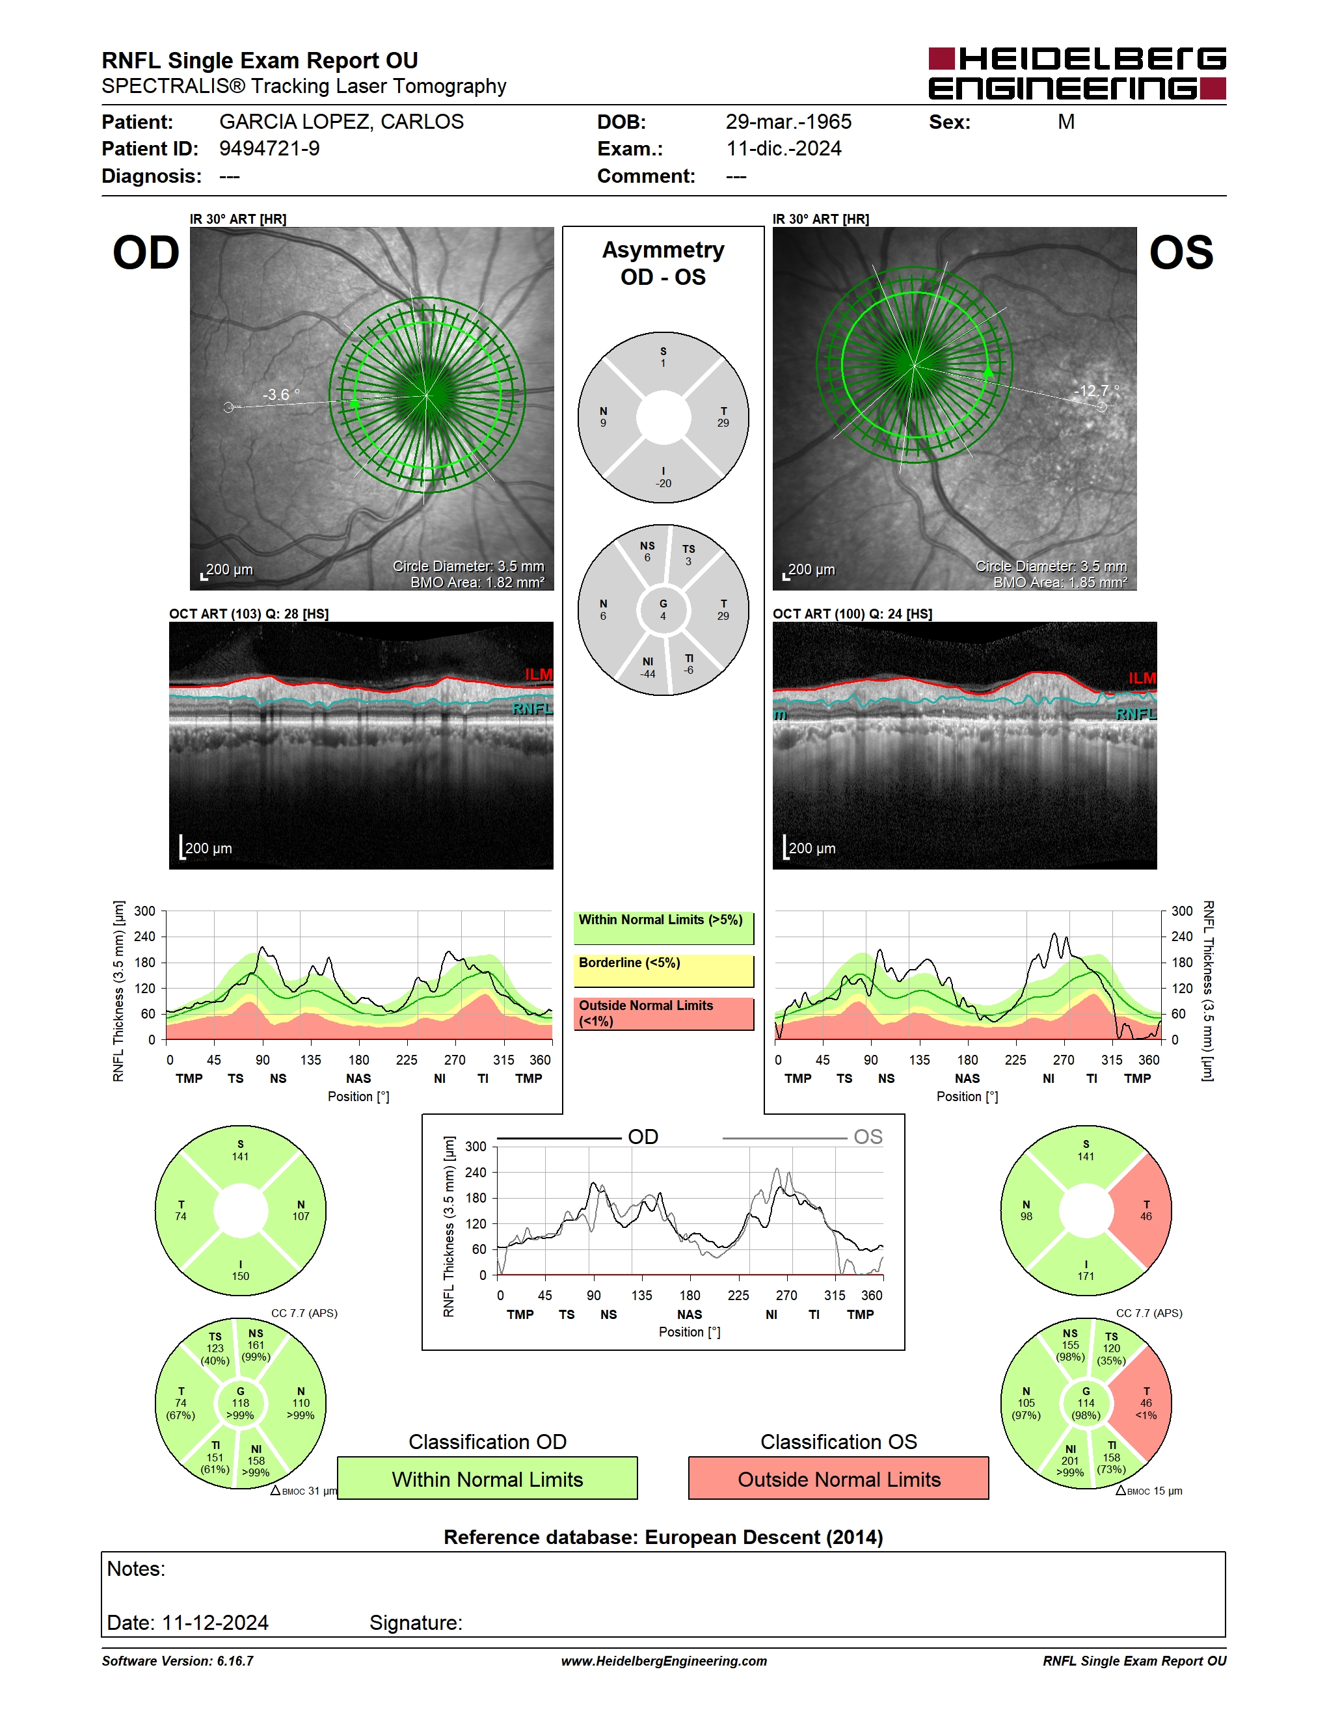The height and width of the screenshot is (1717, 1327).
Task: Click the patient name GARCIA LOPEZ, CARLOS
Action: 342,122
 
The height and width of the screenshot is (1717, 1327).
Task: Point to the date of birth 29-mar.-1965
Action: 788,122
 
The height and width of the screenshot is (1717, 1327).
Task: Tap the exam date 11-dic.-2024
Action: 784,148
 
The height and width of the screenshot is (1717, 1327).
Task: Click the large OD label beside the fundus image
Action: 146,253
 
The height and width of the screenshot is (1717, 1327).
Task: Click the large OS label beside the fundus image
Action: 1181,253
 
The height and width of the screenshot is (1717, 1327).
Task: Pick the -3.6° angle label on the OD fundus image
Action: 280,395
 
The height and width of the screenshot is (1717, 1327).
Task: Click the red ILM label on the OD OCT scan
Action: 539,674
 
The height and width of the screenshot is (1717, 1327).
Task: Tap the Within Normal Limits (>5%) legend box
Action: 663,927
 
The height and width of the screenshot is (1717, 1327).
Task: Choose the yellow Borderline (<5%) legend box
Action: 663,971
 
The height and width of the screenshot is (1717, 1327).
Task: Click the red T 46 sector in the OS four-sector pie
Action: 1144,1211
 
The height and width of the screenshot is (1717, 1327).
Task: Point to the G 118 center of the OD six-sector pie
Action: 241,1404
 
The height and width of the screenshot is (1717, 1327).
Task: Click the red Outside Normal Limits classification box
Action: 839,1479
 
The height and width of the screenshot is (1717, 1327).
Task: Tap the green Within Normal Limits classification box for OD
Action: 487,1479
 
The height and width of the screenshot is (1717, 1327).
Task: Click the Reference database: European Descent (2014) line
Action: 663,1537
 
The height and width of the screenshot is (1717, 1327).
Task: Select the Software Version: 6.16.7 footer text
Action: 178,1661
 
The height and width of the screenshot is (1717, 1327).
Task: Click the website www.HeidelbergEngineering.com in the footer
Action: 664,1661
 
